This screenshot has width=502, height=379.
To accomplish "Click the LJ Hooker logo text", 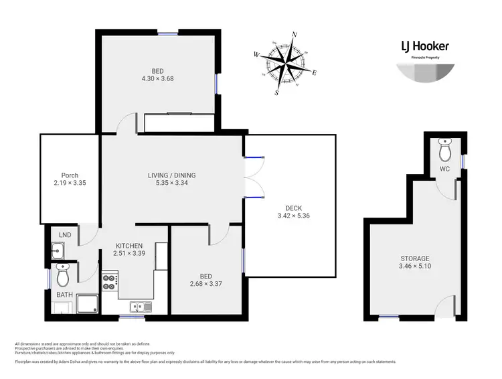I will pyautogui.click(x=425, y=46).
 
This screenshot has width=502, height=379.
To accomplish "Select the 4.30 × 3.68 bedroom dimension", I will pyautogui.click(x=157, y=78).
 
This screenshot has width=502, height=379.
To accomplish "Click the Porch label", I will pyautogui.click(x=70, y=175).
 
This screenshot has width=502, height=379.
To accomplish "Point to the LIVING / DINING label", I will pyautogui.click(x=171, y=175).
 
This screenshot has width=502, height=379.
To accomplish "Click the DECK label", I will pyautogui.click(x=293, y=208).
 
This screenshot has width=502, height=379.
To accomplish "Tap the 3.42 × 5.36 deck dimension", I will pyautogui.click(x=293, y=216).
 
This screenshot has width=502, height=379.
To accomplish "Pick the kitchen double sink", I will pyautogui.click(x=141, y=307).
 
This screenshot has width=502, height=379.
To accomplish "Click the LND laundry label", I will pyautogui.click(x=65, y=234).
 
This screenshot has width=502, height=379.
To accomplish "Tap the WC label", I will pyautogui.click(x=444, y=169).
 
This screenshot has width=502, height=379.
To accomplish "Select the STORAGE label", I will pyautogui.click(x=415, y=258).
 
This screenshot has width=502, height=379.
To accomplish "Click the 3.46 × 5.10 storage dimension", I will pyautogui.click(x=415, y=267).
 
